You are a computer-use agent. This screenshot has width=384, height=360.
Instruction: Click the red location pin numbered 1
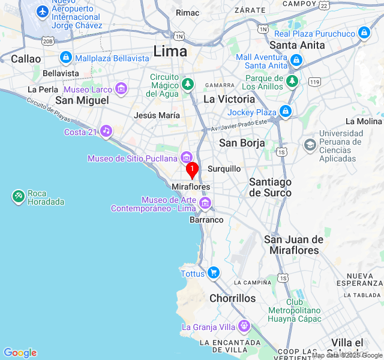click(192, 170)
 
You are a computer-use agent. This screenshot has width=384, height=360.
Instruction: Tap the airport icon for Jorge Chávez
click(43, 11)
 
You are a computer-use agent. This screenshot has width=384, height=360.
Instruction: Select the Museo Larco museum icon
click(122, 89)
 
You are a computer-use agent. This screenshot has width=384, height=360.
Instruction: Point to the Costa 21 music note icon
click(106, 131)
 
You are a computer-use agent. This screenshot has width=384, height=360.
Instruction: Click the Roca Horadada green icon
click(18, 196)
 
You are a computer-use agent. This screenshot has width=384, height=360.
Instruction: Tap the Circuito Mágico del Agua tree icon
click(188, 83)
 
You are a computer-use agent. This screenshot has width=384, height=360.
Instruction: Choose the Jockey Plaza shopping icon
click(286, 112)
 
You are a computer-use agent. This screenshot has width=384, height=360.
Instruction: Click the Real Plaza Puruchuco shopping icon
click(364, 33)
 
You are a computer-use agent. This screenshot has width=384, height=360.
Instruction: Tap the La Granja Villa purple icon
click(244, 326)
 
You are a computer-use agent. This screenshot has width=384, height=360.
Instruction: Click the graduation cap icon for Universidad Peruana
click(310, 145)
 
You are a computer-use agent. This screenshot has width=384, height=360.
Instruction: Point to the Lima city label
click(170, 51)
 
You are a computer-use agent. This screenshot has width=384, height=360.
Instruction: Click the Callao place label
click(26, 59)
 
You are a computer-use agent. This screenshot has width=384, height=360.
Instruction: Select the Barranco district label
click(206, 220)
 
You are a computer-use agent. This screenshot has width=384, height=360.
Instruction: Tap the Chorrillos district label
click(233, 298)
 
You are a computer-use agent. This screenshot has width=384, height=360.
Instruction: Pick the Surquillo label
click(224, 169)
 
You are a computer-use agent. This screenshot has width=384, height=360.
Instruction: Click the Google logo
click(20, 353)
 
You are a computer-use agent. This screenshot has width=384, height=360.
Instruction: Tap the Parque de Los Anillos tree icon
click(292, 81)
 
